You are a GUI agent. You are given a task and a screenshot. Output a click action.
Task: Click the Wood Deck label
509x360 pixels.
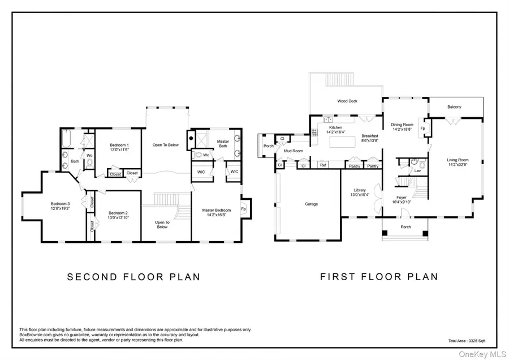point(347,101)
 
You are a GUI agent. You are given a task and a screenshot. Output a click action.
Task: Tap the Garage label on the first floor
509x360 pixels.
point(311,204)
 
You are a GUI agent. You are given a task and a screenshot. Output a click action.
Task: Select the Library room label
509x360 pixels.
point(360,190)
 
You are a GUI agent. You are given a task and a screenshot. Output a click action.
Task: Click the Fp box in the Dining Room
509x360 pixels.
point(423,128)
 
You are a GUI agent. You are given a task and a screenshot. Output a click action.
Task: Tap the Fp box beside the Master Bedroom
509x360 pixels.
point(244,209)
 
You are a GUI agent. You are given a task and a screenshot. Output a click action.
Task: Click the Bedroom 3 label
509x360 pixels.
point(59,204)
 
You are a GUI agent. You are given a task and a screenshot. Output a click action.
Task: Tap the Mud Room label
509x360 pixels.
point(293,151)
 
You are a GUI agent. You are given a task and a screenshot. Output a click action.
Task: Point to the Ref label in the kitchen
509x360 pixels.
point(323,165)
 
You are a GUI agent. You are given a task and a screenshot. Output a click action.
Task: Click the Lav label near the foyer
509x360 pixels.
point(417,170)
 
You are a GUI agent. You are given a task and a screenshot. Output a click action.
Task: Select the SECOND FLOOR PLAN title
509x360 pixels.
point(133,277)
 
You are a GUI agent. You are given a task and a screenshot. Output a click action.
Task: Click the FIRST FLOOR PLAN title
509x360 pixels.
point(379,277)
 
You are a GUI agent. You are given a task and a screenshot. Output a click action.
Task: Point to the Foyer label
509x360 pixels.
point(402,198)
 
